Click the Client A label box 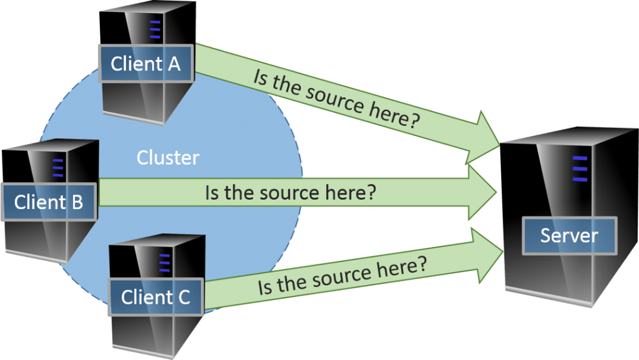point(145,64)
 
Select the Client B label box point(49,202)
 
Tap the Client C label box point(155,297)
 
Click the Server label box point(568,235)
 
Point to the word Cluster point(168,157)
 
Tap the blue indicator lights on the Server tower point(580,169)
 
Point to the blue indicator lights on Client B point(58,168)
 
